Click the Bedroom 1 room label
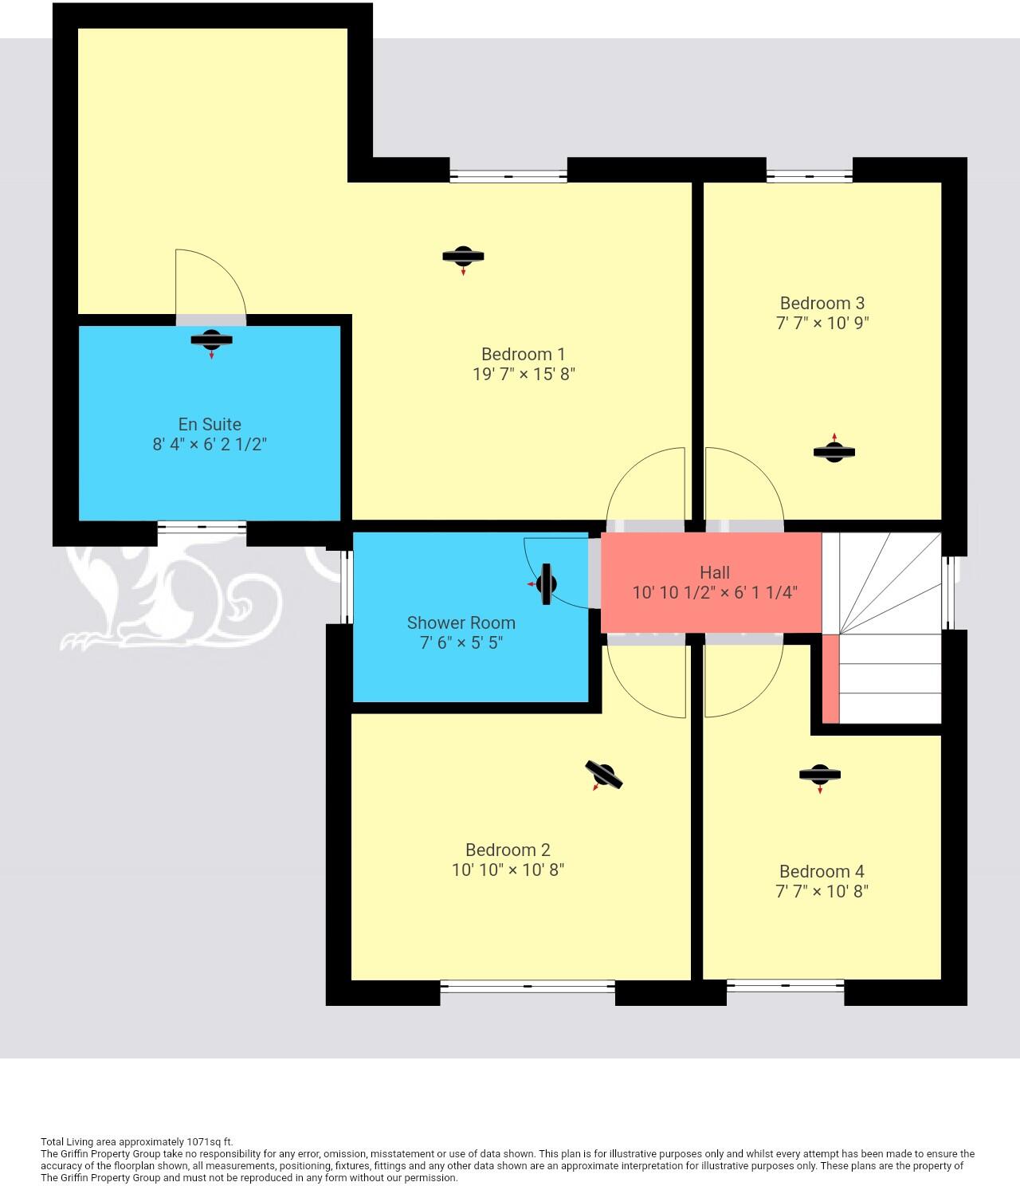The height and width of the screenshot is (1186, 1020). coord(523,354)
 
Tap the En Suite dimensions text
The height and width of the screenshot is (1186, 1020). coord(210,444)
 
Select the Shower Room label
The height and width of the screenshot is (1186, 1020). coord(461,622)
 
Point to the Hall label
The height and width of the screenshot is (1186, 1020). coord(714,572)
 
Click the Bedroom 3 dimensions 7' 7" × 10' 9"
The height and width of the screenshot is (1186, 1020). coord(822,323)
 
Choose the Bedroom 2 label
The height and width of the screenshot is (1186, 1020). coord(508,850)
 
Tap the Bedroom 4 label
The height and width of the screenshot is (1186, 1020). coord(821,871)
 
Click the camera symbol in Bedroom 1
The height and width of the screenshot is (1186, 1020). coord(463,257)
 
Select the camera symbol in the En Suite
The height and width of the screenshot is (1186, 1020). coord(211,340)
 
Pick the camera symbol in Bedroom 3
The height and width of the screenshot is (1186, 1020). coord(834,452)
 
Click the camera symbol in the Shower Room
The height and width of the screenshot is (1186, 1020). coord(546,584)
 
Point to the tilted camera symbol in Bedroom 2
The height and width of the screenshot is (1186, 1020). coord(603,775)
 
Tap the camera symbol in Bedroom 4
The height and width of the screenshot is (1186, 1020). coord(819,774)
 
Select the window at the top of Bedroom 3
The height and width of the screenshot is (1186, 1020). coord(809,175)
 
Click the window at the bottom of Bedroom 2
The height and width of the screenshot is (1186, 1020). coord(527,986)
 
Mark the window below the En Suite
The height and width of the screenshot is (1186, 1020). coord(201,526)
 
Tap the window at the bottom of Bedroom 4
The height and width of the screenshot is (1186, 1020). coord(785,986)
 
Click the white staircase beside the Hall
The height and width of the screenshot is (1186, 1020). coord(885,630)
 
